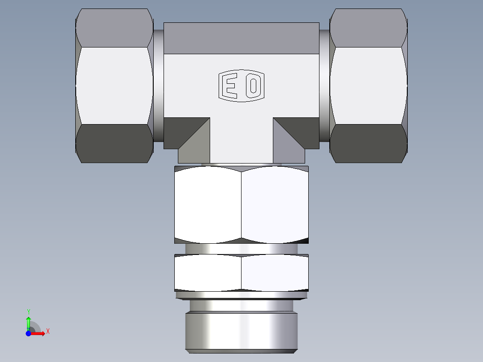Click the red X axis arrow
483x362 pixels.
(x=38, y=333)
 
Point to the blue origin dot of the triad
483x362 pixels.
(x=28, y=333)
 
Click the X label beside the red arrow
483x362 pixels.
(x=47, y=332)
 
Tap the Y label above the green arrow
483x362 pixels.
(x=28, y=311)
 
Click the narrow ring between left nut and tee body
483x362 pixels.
(x=158, y=85)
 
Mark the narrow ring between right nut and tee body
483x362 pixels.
(x=324, y=85)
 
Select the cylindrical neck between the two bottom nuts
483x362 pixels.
(x=241, y=249)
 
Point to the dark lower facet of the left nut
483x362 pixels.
(x=114, y=143)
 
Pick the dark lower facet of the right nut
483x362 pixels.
(x=368, y=143)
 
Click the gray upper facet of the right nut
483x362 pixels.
(x=368, y=28)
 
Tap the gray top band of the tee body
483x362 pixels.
(x=241, y=38)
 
